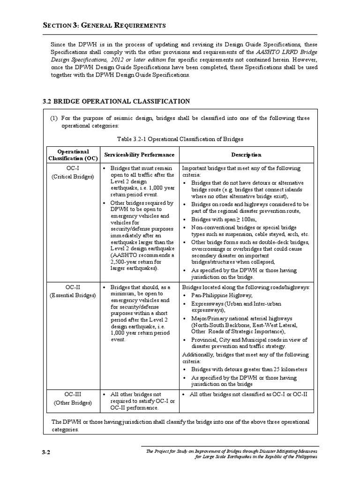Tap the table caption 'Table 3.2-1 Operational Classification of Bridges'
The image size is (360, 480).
(x=180, y=139)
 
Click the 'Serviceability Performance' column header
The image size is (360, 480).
(x=139, y=155)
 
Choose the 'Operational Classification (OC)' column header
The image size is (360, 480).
(x=73, y=155)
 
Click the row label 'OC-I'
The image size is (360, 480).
(x=73, y=168)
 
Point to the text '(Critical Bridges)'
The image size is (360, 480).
(x=73, y=177)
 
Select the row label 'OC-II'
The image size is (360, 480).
(x=73, y=287)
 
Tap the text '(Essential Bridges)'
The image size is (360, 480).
(x=73, y=295)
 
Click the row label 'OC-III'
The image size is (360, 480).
(x=73, y=394)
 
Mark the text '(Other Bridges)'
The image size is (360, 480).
(x=73, y=403)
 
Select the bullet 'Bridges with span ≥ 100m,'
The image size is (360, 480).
(x=223, y=219)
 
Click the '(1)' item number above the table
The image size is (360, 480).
(x=54, y=118)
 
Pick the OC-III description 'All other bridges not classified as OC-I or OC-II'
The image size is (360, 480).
(x=248, y=394)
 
